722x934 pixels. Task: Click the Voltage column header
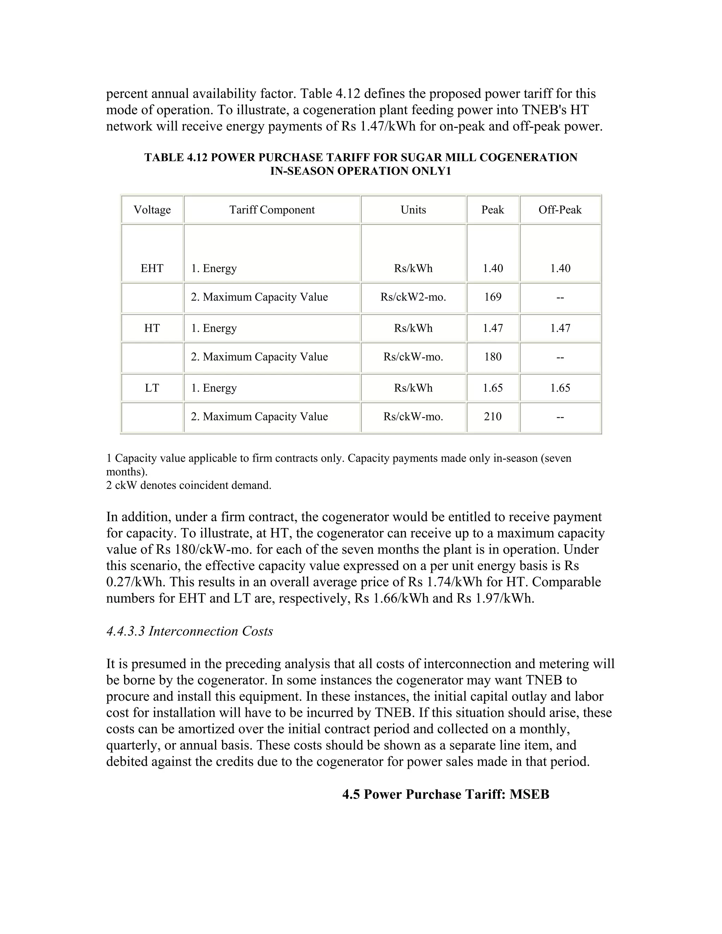click(x=152, y=210)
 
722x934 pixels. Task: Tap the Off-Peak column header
click(x=560, y=210)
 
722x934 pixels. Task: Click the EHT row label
click(x=152, y=268)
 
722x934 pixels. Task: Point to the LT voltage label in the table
click(x=152, y=388)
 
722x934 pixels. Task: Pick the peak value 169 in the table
click(x=493, y=297)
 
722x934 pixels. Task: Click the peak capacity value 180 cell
click(x=493, y=357)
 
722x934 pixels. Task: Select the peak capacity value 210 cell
click(x=493, y=417)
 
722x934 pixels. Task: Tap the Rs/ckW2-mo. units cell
click(x=413, y=297)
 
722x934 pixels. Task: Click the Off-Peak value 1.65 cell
click(x=560, y=388)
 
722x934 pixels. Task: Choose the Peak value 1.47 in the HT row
click(x=493, y=328)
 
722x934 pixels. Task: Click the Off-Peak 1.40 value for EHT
click(x=560, y=268)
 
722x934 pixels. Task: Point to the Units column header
click(x=413, y=210)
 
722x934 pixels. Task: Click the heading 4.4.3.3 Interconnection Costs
click(x=189, y=631)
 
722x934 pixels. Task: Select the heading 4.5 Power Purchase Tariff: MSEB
click(x=446, y=794)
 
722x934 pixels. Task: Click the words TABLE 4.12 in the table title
click(x=175, y=158)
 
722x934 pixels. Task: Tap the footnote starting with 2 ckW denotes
click(x=189, y=485)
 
